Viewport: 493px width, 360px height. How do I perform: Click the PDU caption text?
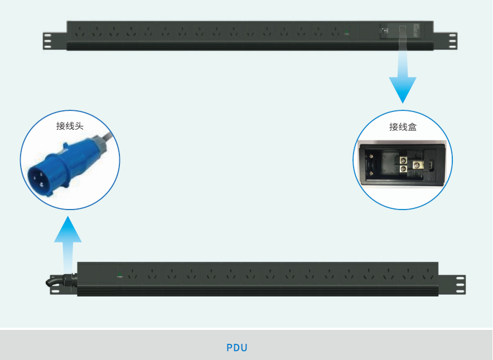tap(237, 348)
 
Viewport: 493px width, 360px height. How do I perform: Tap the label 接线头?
tap(70, 125)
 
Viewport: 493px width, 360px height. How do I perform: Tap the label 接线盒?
tap(403, 127)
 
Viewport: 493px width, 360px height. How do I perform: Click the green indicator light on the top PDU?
tap(346, 33)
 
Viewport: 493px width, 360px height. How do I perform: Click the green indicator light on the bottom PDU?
tap(119, 274)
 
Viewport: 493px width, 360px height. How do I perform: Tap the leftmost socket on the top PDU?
tap(80, 32)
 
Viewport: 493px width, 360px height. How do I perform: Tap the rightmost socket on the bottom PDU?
tap(427, 274)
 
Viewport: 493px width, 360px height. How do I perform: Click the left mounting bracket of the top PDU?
tap(54, 41)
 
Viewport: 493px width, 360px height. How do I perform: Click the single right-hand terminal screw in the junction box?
tap(416, 164)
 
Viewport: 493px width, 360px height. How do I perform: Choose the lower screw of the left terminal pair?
tap(402, 169)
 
